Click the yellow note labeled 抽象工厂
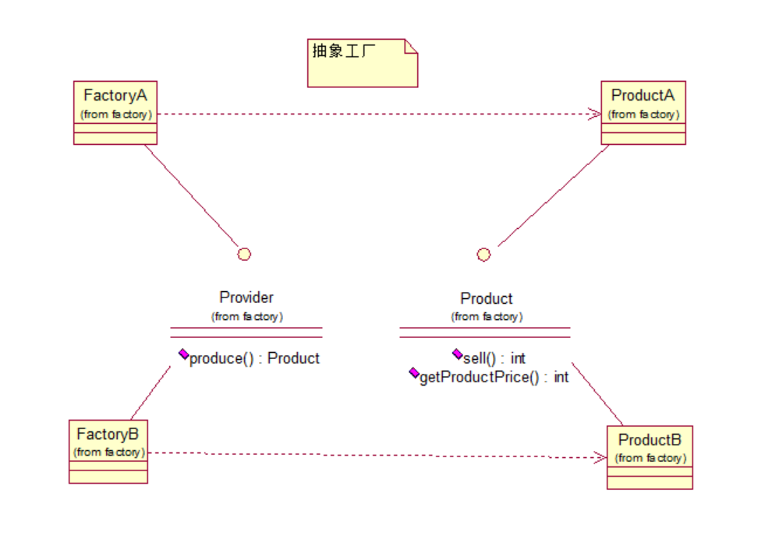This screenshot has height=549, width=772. [x=362, y=63]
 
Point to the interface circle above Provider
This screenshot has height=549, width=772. [x=244, y=254]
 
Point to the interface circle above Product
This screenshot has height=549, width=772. [x=483, y=255]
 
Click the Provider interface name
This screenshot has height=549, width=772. [x=246, y=297]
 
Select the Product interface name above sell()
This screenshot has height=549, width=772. [x=487, y=298]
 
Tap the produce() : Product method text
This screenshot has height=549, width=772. [x=254, y=358]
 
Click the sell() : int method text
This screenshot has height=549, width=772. [x=494, y=358]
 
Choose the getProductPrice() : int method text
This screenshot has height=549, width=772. [x=494, y=378]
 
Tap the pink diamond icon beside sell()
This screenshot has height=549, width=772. [x=457, y=354]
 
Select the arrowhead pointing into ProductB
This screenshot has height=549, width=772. [x=600, y=458]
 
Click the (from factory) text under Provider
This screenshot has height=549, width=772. [x=246, y=316]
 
